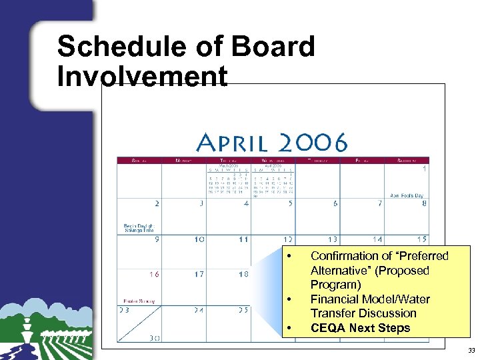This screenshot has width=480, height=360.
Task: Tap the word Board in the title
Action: [274, 47]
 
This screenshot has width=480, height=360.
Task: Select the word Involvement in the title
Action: [142, 77]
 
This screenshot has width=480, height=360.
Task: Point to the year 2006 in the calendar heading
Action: [313, 143]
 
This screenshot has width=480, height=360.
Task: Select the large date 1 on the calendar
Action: [424, 169]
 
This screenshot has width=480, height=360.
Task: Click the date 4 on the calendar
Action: [246, 203]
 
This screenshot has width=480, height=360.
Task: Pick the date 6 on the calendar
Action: [335, 203]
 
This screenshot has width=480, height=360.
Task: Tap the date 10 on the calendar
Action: [199, 239]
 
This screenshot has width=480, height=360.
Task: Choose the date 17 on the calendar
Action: [199, 274]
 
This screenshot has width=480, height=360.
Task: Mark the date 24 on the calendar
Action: [199, 310]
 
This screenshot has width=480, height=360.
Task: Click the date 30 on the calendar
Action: [154, 338]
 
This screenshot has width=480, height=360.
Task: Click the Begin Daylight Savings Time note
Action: [138, 229]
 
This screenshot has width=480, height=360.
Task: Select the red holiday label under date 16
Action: [135, 300]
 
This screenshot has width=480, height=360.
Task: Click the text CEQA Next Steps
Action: [360, 328]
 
